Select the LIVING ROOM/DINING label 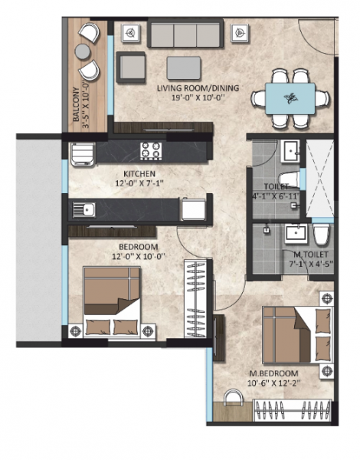click(x=198, y=88)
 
